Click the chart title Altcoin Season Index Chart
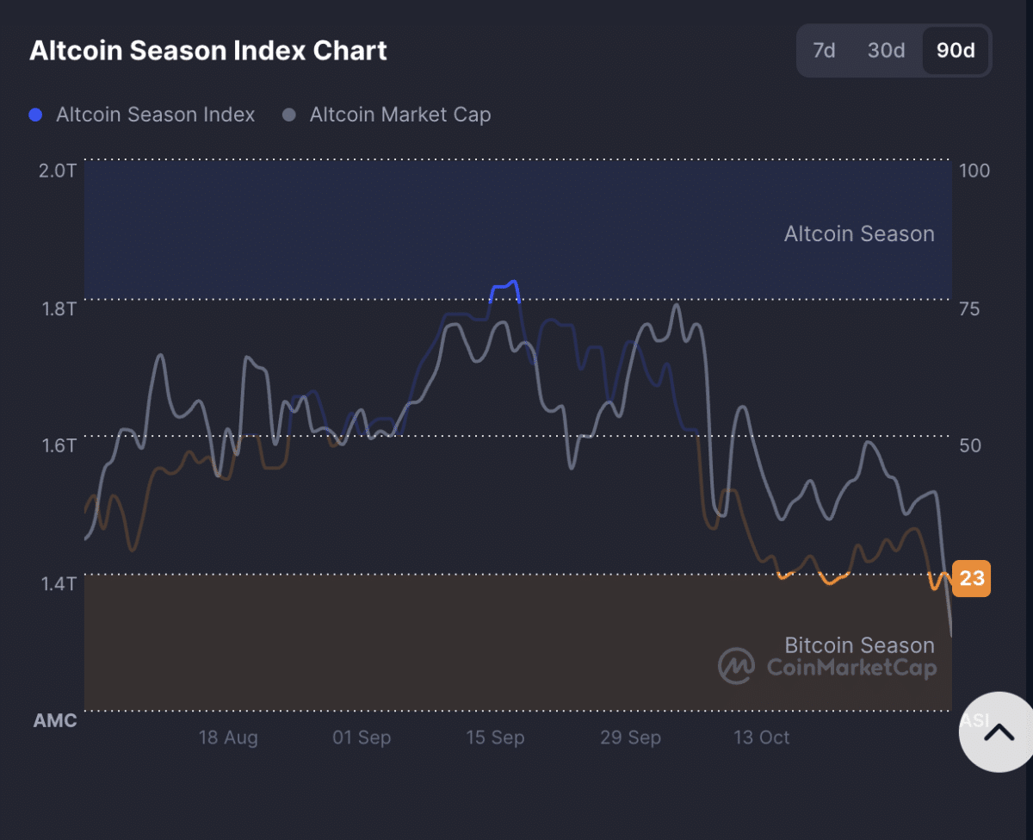208,51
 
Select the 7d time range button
824,51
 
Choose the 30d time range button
886,51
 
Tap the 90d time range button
956,51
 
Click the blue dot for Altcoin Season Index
35,115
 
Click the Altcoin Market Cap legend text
399,115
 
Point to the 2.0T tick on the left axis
57,171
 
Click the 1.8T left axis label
57,308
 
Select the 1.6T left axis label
57,445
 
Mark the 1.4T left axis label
57,583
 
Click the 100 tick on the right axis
974,171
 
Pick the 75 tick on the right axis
969,308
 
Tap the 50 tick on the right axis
969,445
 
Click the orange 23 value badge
972,578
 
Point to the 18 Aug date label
228,737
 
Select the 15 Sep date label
495,737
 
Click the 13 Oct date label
761,737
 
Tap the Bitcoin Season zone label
858,645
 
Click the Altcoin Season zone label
858,233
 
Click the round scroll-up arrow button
999,732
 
